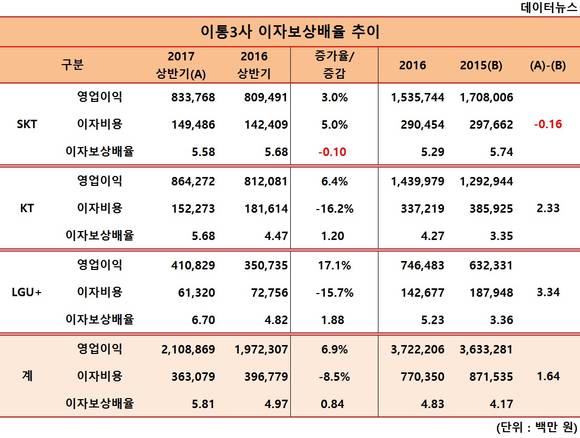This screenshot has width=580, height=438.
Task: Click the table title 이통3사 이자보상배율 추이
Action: pos(290,32)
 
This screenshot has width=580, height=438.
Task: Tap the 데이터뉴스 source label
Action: pos(549,7)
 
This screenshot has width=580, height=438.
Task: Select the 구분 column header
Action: pos(72,65)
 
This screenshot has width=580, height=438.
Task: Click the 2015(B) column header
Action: pos(481,65)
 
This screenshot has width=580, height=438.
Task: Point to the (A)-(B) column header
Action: pos(548,65)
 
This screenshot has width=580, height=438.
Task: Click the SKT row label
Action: pos(27,124)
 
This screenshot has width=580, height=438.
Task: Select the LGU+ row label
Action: pos(27,292)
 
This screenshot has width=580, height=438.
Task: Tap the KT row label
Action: pos(27,208)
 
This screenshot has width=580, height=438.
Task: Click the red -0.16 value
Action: pos(548,124)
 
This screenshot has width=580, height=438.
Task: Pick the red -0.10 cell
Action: pos(332,152)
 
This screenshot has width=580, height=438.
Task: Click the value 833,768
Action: pos(193,97)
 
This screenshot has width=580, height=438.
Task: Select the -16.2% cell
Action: pos(334,209)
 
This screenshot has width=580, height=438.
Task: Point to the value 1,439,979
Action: pos(418,181)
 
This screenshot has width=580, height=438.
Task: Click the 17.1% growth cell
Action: pos(334,265)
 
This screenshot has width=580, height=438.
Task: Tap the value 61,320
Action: pos(196,293)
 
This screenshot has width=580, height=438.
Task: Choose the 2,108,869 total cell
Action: pos(188,349)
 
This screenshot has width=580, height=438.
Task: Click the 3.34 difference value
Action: pos(548,292)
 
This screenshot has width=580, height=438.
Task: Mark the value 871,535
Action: pos(491,377)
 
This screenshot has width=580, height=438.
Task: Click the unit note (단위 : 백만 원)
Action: pos(537,428)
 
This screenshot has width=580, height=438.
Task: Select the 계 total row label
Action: pos(27,376)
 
